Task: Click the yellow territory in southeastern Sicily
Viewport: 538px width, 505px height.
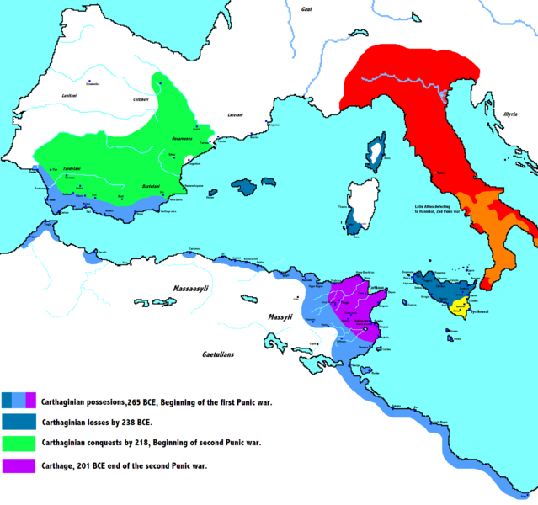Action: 461,306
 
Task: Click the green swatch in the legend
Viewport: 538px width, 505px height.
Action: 19,440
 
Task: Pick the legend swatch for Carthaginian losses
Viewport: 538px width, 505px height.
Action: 19,420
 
